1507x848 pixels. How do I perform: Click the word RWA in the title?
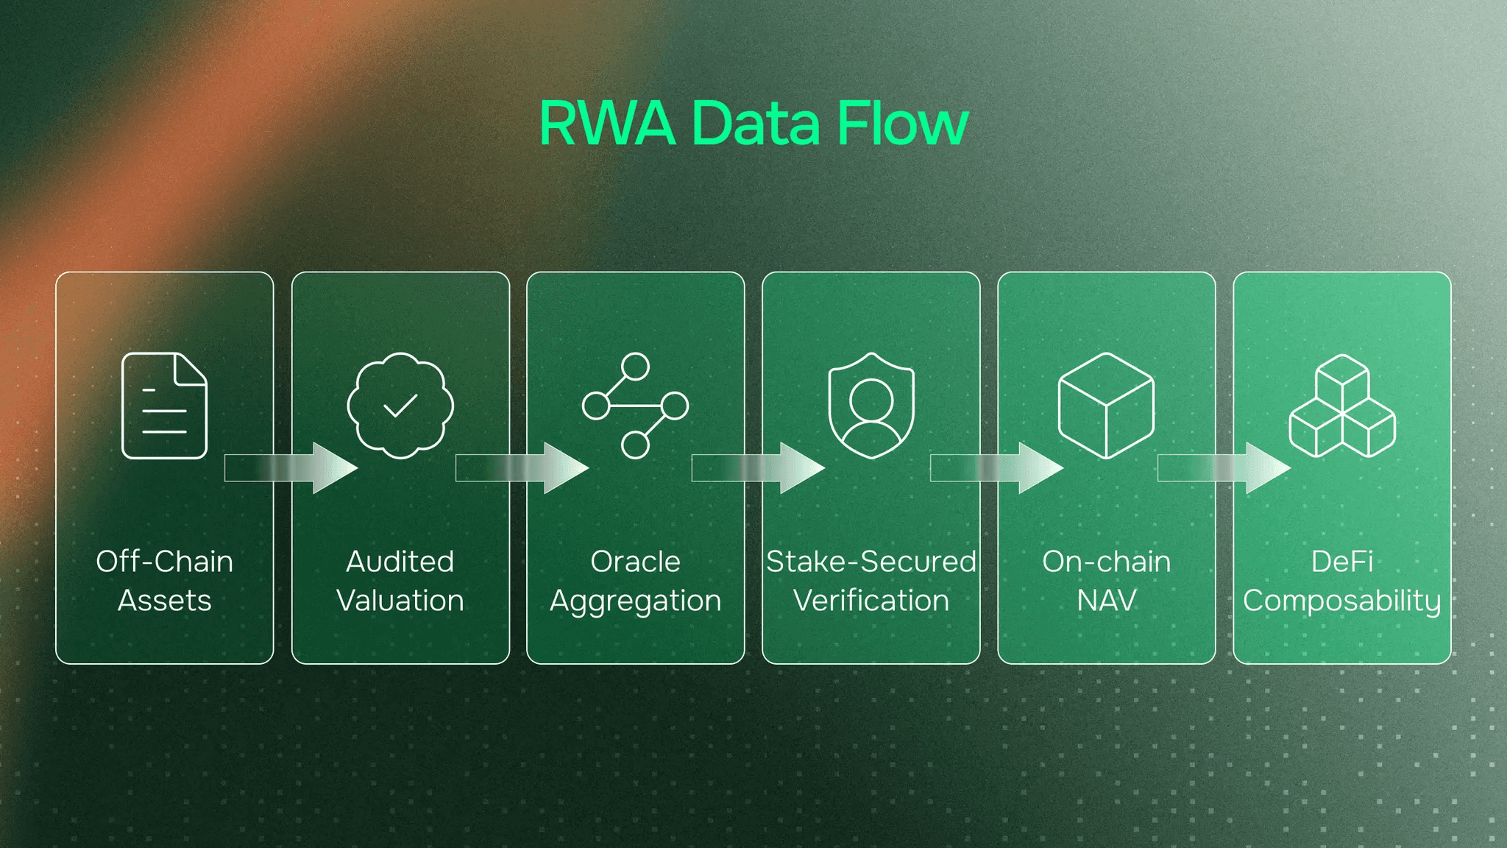coord(607,123)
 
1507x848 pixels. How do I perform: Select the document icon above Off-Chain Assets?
coord(164,406)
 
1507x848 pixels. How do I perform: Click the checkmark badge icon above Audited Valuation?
coord(400,406)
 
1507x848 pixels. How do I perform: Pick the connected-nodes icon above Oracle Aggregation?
coord(635,406)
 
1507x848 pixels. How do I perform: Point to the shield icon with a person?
coord(871,406)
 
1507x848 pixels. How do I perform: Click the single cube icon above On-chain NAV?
coord(1106,406)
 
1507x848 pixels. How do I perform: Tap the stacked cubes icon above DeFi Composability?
coord(1342,406)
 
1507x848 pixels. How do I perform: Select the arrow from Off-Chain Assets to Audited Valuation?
coord(291,468)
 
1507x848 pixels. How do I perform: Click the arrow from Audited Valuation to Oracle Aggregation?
coord(522,468)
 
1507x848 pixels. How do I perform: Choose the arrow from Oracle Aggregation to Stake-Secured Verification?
coord(759,468)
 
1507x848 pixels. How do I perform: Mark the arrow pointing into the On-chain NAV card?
coord(997,468)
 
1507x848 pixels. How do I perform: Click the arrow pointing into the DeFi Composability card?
coord(1224,468)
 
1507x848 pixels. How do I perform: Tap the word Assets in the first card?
coord(165,601)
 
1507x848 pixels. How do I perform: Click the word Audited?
coord(400,562)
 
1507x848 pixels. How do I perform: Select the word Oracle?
coord(636,562)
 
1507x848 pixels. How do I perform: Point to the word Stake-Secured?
coord(871,562)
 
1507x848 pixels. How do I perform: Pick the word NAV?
coord(1107,601)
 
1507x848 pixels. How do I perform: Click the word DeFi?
coord(1342,562)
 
